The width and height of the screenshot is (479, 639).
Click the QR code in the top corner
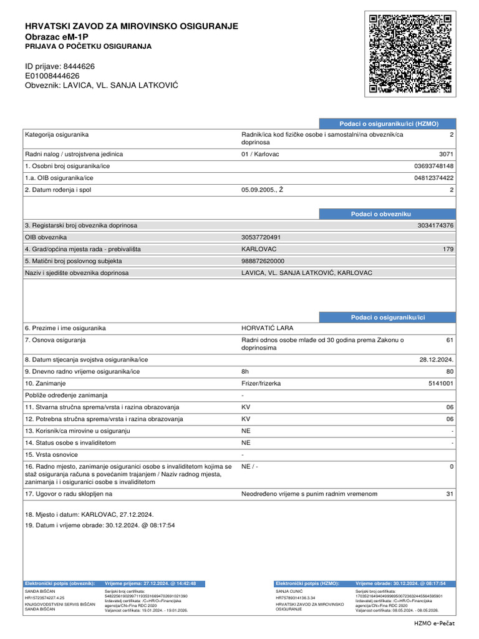(x=410, y=54)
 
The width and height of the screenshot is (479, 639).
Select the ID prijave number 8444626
(x=79, y=66)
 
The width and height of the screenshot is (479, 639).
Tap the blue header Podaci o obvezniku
(x=380, y=214)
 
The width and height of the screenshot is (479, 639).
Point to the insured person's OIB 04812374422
(x=434, y=178)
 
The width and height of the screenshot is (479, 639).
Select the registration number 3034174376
(x=435, y=225)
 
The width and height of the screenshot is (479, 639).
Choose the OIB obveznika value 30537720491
(x=261, y=237)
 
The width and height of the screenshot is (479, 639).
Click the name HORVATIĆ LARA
(x=267, y=328)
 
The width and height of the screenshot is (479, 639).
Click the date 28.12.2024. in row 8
(x=437, y=359)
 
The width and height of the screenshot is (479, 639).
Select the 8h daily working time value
(x=245, y=371)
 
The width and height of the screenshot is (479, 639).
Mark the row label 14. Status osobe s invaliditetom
(x=70, y=442)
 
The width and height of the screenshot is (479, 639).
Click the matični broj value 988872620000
(x=263, y=261)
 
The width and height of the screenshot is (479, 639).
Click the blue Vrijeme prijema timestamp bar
(x=151, y=583)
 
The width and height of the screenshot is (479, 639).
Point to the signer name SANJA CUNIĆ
(x=289, y=590)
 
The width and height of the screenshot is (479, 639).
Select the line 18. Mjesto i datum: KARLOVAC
(x=89, y=515)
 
